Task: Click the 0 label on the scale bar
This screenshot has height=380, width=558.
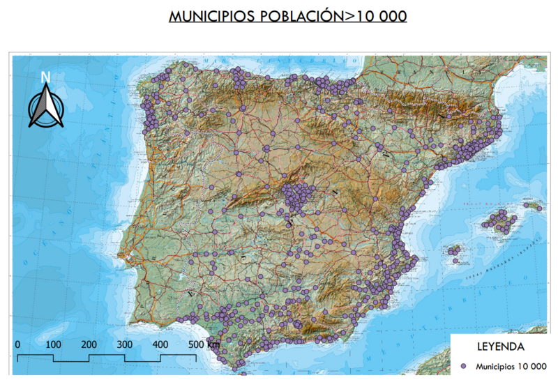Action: click(x=17, y=344)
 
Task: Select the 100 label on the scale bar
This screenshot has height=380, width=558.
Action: click(x=53, y=344)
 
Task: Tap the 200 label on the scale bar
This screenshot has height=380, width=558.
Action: click(x=89, y=344)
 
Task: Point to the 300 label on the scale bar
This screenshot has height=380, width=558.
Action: click(x=124, y=344)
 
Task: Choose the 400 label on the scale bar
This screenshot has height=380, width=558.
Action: click(x=160, y=344)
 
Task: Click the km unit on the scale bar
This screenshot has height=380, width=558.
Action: click(x=213, y=344)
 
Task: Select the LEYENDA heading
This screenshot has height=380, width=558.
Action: click(x=500, y=347)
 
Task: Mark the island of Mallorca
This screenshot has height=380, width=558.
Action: click(x=500, y=222)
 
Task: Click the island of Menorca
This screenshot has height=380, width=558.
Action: click(x=536, y=206)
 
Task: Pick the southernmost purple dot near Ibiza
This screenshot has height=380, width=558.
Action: click(x=455, y=261)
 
